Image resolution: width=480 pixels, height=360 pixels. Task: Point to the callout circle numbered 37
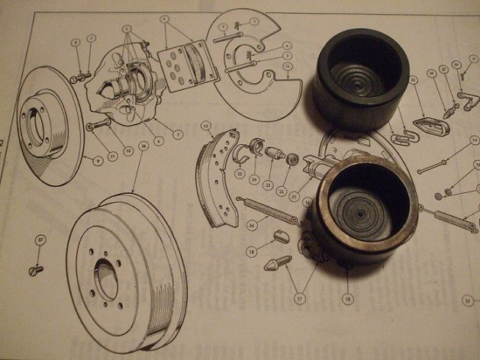coord(39,241)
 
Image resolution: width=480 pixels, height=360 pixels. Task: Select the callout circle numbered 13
coord(206,124)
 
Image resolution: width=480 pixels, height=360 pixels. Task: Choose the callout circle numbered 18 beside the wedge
coord(253,250)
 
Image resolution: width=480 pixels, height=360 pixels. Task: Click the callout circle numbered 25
coord(240,173)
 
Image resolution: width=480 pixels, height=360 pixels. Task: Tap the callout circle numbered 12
coord(288,66)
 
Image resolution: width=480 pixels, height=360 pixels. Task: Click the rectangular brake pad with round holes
coord(182,63)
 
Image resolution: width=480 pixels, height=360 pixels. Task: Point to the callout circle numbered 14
coord(474,140)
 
